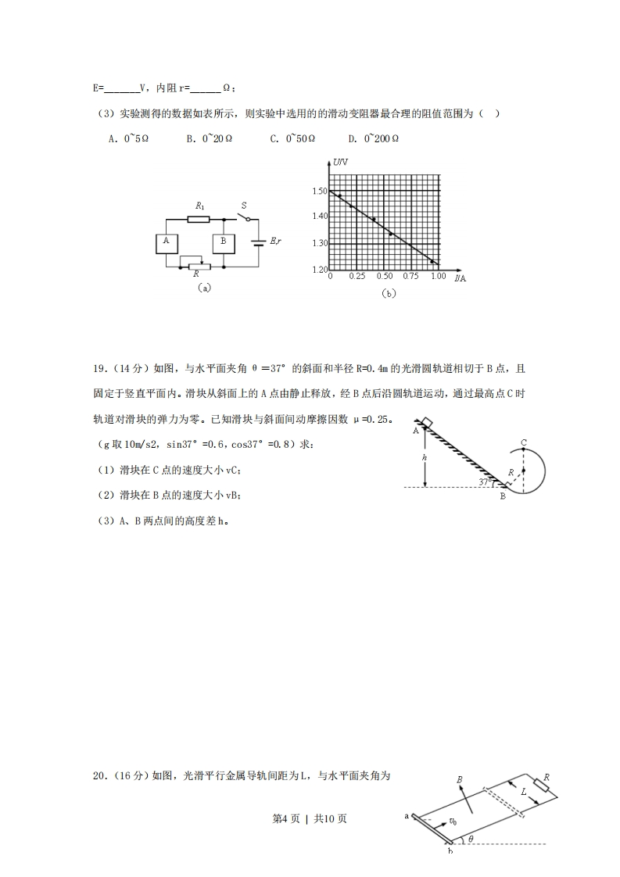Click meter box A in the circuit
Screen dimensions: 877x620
click(x=167, y=242)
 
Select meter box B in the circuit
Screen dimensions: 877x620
click(x=224, y=242)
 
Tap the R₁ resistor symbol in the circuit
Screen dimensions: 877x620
click(x=199, y=219)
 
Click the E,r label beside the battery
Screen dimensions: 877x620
click(x=275, y=242)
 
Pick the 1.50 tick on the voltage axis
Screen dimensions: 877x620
click(x=319, y=192)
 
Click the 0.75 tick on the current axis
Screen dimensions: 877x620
click(x=410, y=277)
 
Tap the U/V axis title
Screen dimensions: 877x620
click(x=341, y=163)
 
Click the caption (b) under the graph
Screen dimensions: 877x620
click(x=388, y=294)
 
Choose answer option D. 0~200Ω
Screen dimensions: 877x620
click(x=374, y=138)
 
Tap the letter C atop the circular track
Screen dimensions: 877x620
click(x=524, y=443)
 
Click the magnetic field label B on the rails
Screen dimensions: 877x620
click(x=460, y=779)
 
